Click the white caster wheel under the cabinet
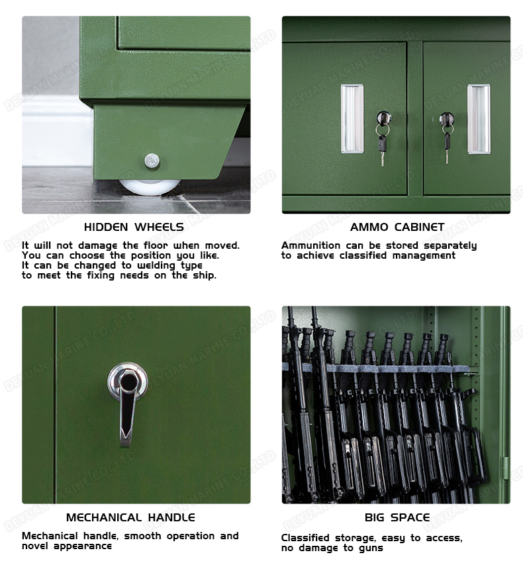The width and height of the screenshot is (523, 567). [150, 186]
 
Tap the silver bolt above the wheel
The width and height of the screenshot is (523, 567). [152, 161]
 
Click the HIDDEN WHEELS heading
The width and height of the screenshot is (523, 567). [134, 227]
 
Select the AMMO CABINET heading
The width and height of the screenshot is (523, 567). [397, 227]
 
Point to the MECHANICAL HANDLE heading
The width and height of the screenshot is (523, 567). [130, 517]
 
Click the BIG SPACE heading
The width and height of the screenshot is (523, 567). [397, 517]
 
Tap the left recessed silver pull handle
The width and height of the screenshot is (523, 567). [352, 119]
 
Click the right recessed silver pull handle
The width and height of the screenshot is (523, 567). [479, 119]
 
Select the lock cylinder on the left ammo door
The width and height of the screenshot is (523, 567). [384, 118]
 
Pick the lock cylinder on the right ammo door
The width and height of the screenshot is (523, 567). [447, 118]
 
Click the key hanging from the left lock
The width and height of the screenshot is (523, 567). [382, 149]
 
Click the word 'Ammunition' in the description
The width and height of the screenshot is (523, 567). [310, 245]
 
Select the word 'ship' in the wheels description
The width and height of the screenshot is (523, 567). [207, 275]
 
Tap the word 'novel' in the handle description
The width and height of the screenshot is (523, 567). [36, 546]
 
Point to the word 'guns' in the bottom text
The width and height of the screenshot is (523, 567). [371, 548]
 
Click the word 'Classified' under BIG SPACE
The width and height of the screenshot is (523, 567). [305, 538]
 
